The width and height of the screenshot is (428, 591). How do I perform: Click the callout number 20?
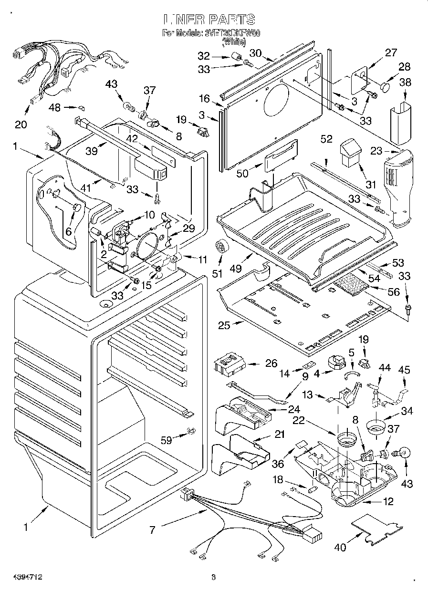click(21, 125)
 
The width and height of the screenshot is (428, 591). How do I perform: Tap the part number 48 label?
click(55, 107)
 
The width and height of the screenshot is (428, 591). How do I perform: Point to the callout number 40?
click(340, 547)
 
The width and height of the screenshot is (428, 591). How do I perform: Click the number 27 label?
click(391, 52)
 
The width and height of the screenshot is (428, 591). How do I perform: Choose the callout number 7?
click(152, 530)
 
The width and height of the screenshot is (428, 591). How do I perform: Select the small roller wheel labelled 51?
click(221, 246)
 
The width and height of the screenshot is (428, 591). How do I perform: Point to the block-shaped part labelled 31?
click(349, 152)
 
